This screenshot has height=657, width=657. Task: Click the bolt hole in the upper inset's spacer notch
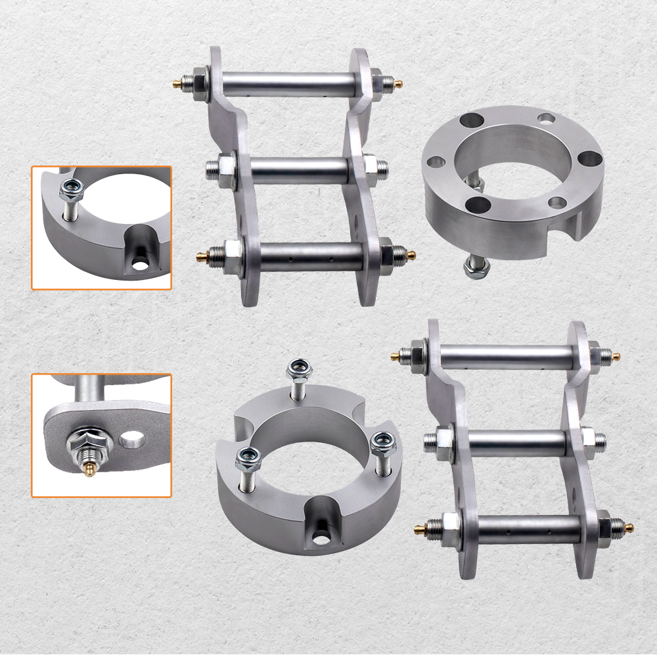click(139, 263)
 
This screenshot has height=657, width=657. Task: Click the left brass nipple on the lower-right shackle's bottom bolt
click(419, 528)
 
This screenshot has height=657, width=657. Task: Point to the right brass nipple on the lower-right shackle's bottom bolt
click(629, 527)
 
